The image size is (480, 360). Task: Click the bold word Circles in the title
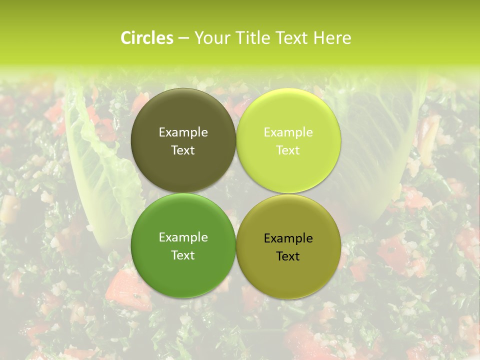147,38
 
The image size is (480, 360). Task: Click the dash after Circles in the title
183,38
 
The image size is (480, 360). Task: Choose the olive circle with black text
288,272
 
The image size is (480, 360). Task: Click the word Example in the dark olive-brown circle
183,132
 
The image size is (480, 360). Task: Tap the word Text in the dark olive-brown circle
183,150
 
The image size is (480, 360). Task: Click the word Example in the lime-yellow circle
288,132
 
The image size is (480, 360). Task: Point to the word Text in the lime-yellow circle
288,150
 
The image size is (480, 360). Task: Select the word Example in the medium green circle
183,237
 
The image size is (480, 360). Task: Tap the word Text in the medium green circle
183,255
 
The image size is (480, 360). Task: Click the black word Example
288,238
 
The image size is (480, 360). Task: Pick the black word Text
288,256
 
